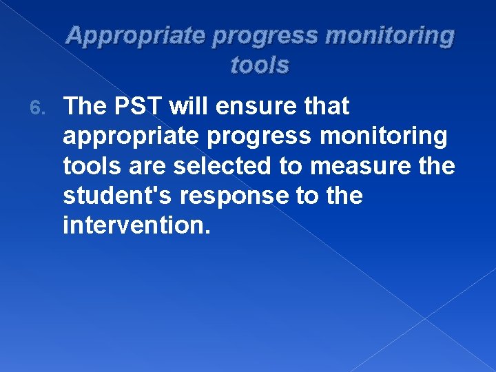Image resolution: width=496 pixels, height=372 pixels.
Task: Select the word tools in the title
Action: point(260,65)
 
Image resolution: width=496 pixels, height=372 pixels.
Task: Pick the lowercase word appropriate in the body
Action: point(116,137)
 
